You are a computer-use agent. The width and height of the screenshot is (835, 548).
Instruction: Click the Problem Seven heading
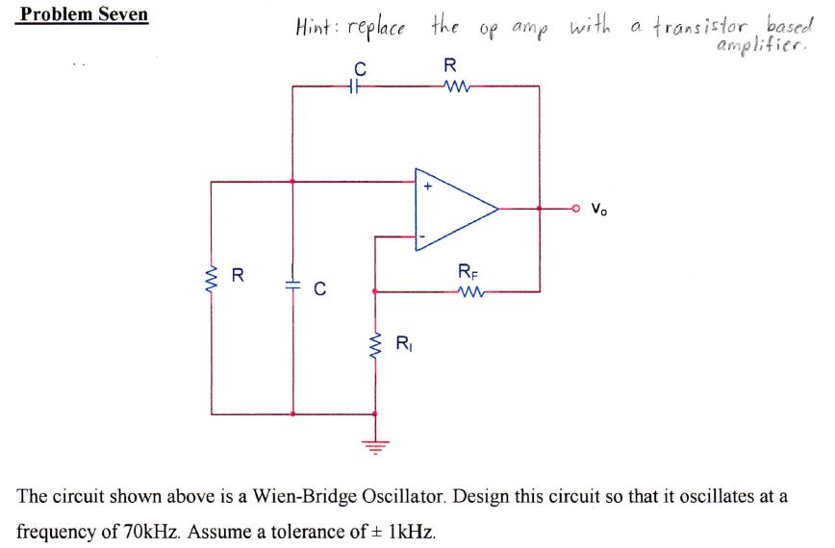point(84,14)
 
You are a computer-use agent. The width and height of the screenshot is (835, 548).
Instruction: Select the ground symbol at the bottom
point(375,444)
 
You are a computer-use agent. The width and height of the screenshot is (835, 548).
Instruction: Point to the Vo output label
point(599,208)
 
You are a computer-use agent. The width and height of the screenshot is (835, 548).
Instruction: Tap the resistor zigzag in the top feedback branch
point(450,87)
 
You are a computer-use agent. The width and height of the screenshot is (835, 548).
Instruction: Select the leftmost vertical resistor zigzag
point(212,278)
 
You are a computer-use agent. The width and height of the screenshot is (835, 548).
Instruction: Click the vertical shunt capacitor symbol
point(292,286)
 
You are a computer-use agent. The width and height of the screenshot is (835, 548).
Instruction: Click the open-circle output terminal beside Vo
point(578,208)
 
